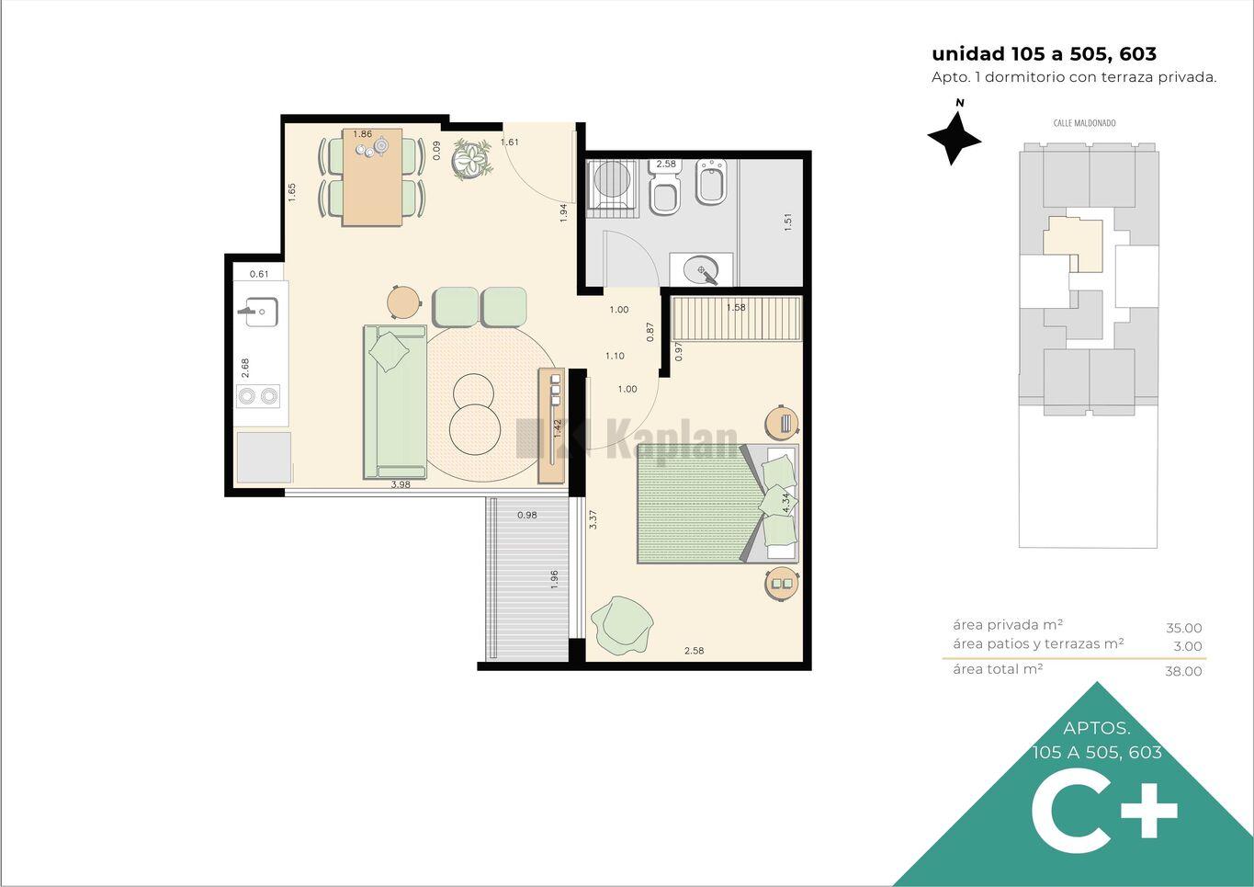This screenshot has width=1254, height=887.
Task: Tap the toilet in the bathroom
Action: (665, 188)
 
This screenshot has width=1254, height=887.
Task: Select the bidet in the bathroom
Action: (711, 182)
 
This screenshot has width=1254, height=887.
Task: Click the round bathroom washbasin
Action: (701, 271)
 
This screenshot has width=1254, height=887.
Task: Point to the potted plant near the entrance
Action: (473, 159)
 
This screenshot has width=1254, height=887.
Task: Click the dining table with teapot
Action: (372, 177)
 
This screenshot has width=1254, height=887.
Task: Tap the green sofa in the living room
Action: (395, 402)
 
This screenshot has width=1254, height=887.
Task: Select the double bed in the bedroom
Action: (717, 504)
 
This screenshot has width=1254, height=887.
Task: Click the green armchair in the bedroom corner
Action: (622, 624)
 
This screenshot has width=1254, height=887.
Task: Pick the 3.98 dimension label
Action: (401, 485)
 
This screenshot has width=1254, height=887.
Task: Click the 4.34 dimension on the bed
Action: (786, 503)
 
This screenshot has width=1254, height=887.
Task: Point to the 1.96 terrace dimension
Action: (554, 579)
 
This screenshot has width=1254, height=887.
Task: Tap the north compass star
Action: (954, 139)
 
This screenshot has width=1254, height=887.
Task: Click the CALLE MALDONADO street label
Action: (1084, 123)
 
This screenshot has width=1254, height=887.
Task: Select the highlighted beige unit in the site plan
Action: (1073, 244)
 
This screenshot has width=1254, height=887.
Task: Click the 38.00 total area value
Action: (1183, 671)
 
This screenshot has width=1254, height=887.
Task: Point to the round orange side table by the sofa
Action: (403, 302)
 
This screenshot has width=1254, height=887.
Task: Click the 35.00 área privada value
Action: (1184, 629)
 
